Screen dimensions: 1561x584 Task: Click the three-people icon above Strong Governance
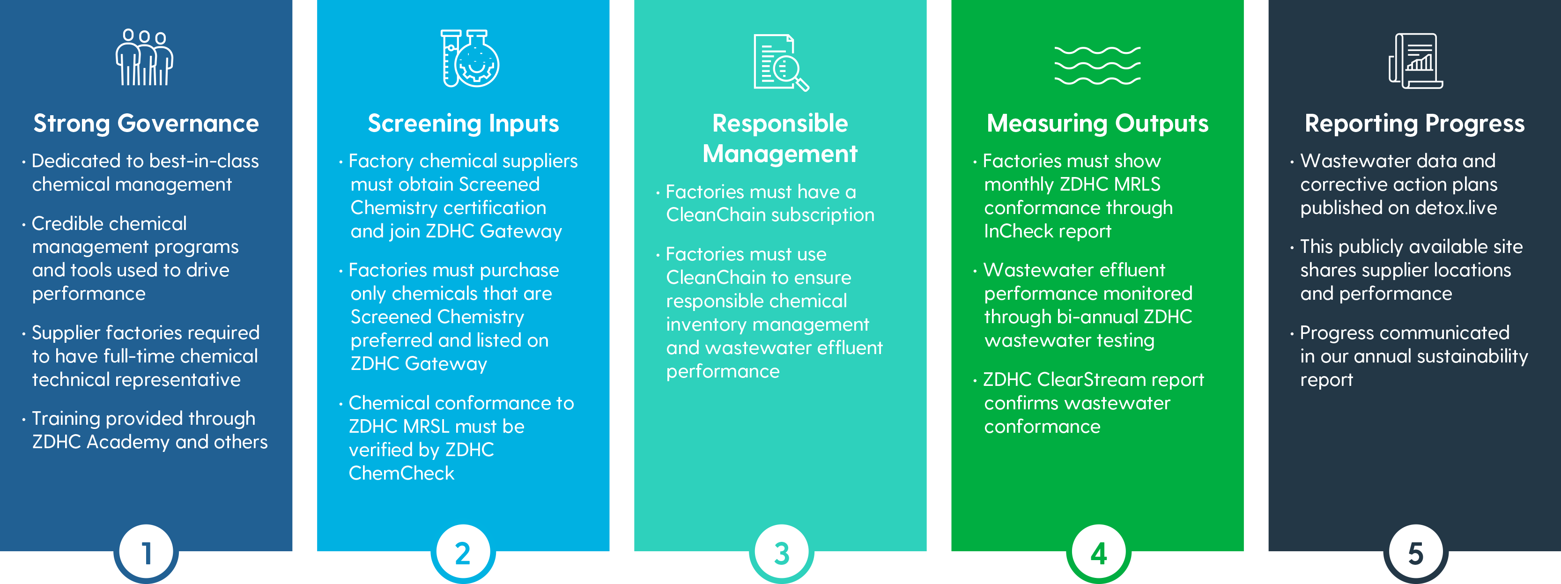pyautogui.click(x=144, y=58)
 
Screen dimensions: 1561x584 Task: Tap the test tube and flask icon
pyautogui.click(x=470, y=58)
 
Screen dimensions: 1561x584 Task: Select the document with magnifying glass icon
pyautogui.click(x=781, y=62)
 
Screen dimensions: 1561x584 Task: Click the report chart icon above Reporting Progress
pyautogui.click(x=1415, y=60)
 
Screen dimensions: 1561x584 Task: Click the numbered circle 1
pyautogui.click(x=146, y=553)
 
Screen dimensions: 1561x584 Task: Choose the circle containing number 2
pyautogui.click(x=463, y=553)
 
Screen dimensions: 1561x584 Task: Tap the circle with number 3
pyautogui.click(x=781, y=553)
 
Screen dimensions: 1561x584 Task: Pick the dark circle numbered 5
pyautogui.click(x=1415, y=553)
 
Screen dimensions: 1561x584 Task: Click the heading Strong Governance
pyautogui.click(x=146, y=124)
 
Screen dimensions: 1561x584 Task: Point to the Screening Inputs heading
pyautogui.click(x=464, y=124)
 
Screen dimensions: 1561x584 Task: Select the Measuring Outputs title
pyautogui.click(x=1097, y=124)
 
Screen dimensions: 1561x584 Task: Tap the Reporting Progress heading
pyautogui.click(x=1414, y=124)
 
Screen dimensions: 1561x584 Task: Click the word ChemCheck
pyautogui.click(x=401, y=473)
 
